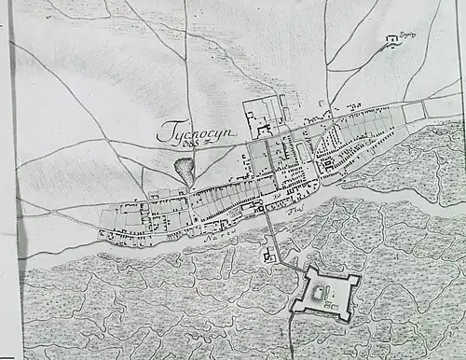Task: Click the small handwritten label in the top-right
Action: pyautogui.click(x=407, y=34)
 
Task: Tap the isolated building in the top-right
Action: pyautogui.click(x=392, y=40)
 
